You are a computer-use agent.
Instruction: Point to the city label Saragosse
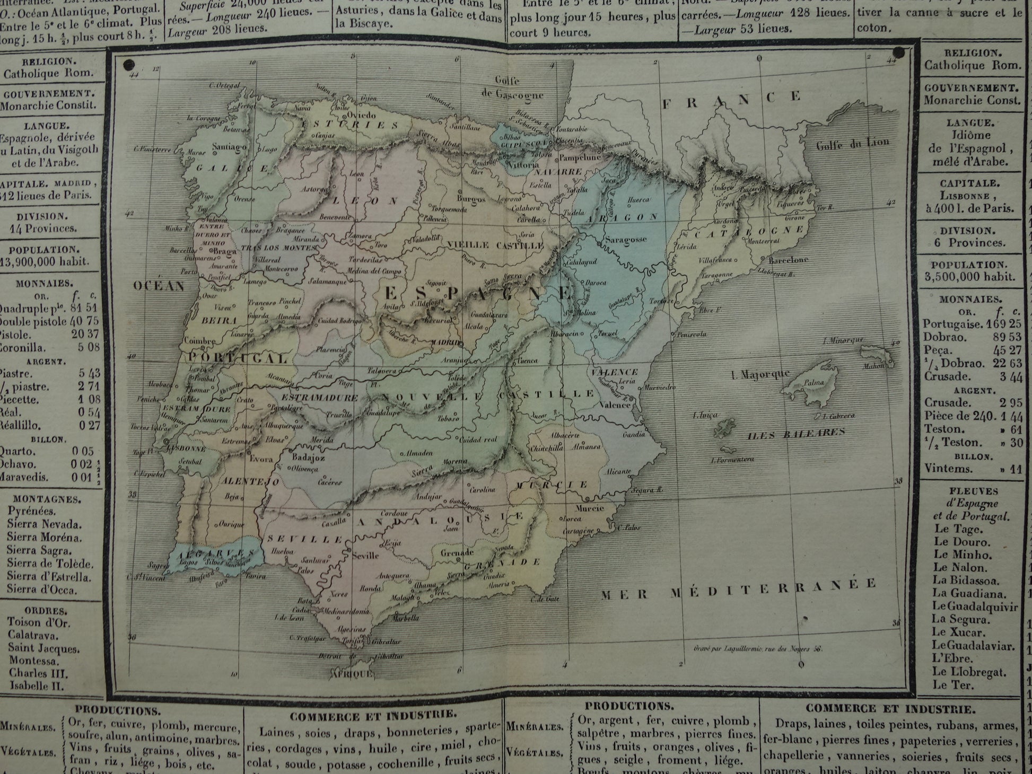coord(626,239)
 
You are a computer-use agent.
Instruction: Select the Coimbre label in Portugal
coord(200,341)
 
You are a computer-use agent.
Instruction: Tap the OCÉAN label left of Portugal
coord(159,286)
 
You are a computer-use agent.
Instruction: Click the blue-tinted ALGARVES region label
coord(217,553)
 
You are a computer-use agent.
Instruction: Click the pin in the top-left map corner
coord(128,65)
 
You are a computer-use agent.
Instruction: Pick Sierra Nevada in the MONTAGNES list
coord(45,524)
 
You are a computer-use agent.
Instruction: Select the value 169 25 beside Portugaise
coord(1004,324)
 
